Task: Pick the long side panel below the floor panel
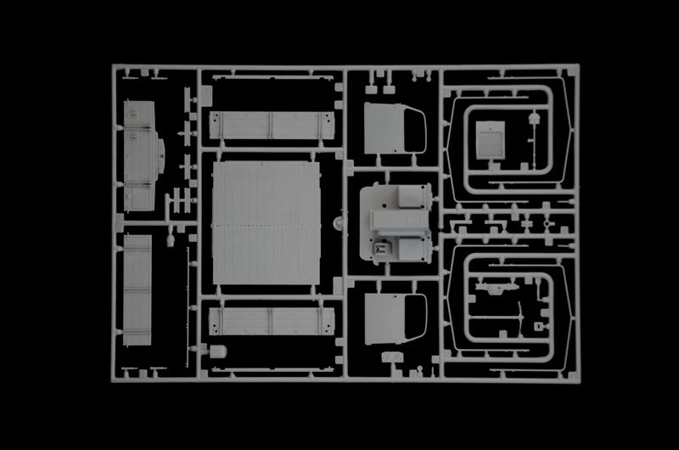[267, 327]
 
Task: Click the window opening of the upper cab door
[418, 129]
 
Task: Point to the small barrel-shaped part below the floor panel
[219, 351]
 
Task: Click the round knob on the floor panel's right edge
[338, 222]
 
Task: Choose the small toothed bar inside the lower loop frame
[492, 290]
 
